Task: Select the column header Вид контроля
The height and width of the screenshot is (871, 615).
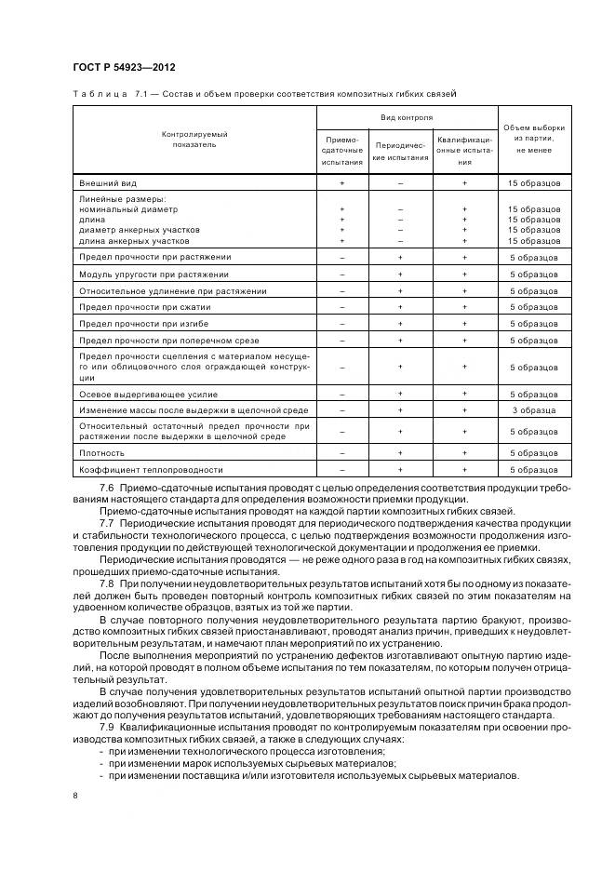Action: (x=407, y=118)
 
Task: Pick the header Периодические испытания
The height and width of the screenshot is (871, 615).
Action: (x=400, y=151)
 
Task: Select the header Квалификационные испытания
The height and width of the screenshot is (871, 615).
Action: (x=464, y=150)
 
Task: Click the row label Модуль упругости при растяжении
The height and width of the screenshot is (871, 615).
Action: (x=154, y=275)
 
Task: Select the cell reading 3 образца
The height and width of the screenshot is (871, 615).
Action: (x=533, y=409)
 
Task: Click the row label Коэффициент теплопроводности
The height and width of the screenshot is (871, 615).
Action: (x=151, y=470)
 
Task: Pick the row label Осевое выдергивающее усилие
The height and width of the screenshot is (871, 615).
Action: (x=140, y=393)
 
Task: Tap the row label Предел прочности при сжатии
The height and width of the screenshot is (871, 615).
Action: (x=145, y=306)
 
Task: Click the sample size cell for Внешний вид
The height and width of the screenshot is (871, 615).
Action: (x=533, y=184)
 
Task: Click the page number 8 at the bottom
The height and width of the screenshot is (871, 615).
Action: (x=75, y=795)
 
